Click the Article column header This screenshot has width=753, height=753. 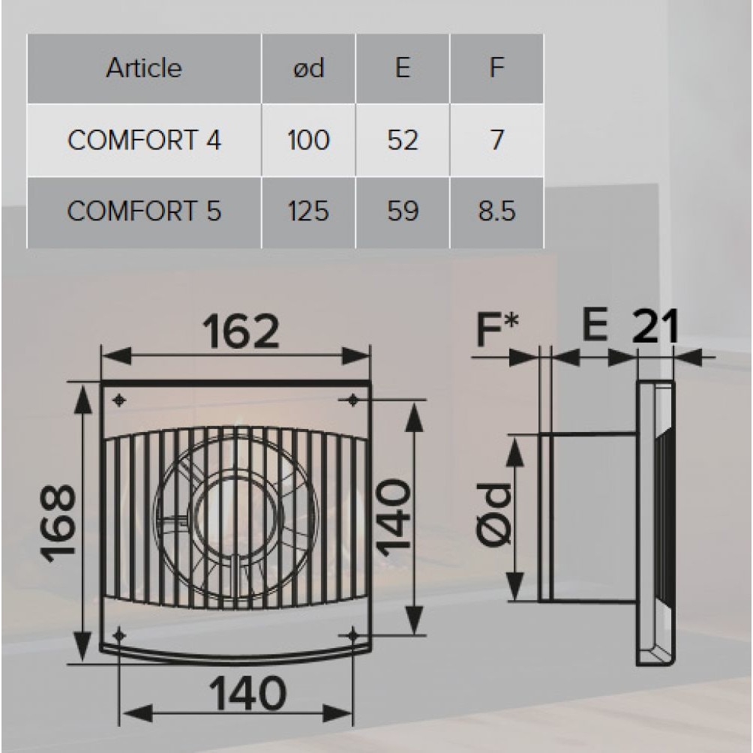click(x=143, y=68)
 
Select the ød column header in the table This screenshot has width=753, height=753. click(x=308, y=68)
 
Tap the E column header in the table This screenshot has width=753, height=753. click(x=402, y=68)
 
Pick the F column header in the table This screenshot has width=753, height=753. click(x=496, y=68)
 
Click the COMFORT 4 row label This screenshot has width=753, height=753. click(x=144, y=141)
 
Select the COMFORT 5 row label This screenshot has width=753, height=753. click(x=144, y=212)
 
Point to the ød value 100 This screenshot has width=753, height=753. click(x=308, y=141)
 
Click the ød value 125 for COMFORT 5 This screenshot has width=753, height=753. click(x=308, y=212)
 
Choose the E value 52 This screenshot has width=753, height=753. click(x=402, y=141)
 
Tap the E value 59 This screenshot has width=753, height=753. click(x=402, y=212)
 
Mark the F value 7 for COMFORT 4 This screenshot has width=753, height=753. click(x=496, y=141)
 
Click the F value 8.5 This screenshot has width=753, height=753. click(x=496, y=212)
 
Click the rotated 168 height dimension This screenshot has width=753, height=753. click(x=58, y=523)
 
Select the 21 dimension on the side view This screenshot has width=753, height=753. click(x=655, y=327)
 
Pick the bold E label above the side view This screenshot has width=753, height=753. click(x=595, y=327)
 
